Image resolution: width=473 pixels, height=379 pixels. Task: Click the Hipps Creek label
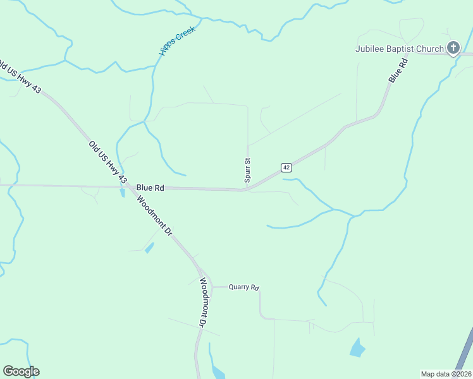(x=178, y=42)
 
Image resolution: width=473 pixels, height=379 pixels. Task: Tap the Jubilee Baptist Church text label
(x=400, y=49)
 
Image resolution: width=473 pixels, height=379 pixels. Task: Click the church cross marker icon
(x=453, y=47)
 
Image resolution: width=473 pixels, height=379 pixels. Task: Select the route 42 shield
(x=286, y=167)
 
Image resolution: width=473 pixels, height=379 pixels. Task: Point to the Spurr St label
(x=248, y=171)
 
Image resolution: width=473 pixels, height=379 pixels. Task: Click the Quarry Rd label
(x=243, y=287)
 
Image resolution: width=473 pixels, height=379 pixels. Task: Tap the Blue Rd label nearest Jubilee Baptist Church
(x=396, y=70)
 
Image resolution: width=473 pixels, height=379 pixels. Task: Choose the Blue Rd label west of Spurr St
(x=150, y=188)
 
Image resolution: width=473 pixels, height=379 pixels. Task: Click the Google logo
(x=21, y=371)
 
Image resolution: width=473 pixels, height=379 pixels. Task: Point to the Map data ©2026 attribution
(x=446, y=373)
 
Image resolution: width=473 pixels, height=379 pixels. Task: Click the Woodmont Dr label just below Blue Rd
(x=155, y=215)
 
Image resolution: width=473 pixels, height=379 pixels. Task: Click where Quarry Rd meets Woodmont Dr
(x=211, y=287)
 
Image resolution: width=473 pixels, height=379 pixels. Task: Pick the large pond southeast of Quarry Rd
(x=357, y=348)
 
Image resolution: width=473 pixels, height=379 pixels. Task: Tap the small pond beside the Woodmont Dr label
(x=149, y=248)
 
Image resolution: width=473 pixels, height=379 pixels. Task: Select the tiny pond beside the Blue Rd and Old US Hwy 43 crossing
(x=122, y=193)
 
